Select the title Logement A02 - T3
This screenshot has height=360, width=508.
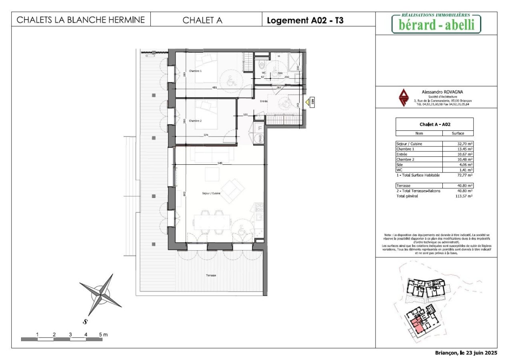[x=305, y=20]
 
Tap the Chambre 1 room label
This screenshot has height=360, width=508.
[x=195, y=71]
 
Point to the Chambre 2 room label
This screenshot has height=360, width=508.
[x=195, y=121]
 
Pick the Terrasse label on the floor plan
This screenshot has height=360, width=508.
[x=211, y=275]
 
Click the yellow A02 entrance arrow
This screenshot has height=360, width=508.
[x=308, y=102]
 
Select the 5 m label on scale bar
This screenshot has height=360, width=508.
[x=103, y=334]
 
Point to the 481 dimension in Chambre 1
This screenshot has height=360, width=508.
[x=214, y=88]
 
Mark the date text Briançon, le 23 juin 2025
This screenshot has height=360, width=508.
[x=466, y=353]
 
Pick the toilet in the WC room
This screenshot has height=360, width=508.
[x=261, y=64]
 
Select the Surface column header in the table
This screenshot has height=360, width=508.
[x=458, y=133]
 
